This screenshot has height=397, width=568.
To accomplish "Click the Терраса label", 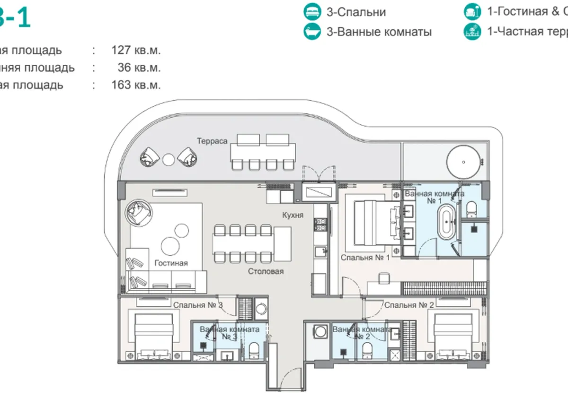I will coord(213,141).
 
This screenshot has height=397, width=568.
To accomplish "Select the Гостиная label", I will coord(171,263).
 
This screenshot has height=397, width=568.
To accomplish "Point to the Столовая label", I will coord(266,271).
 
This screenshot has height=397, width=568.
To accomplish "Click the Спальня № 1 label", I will coord(365,258).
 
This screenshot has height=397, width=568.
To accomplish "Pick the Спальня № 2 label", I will coord(409,305).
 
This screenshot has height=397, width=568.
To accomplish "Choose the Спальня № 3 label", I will coord(198,305).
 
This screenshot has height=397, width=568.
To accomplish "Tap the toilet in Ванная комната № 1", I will coord(471,208).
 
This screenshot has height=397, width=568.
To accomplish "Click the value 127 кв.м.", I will coord(136,50).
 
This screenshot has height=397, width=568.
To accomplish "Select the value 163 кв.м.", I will coord(136,85).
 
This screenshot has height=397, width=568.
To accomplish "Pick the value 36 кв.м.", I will coord(139,68).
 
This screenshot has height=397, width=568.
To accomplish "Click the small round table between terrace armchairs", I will coord(169,160).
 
